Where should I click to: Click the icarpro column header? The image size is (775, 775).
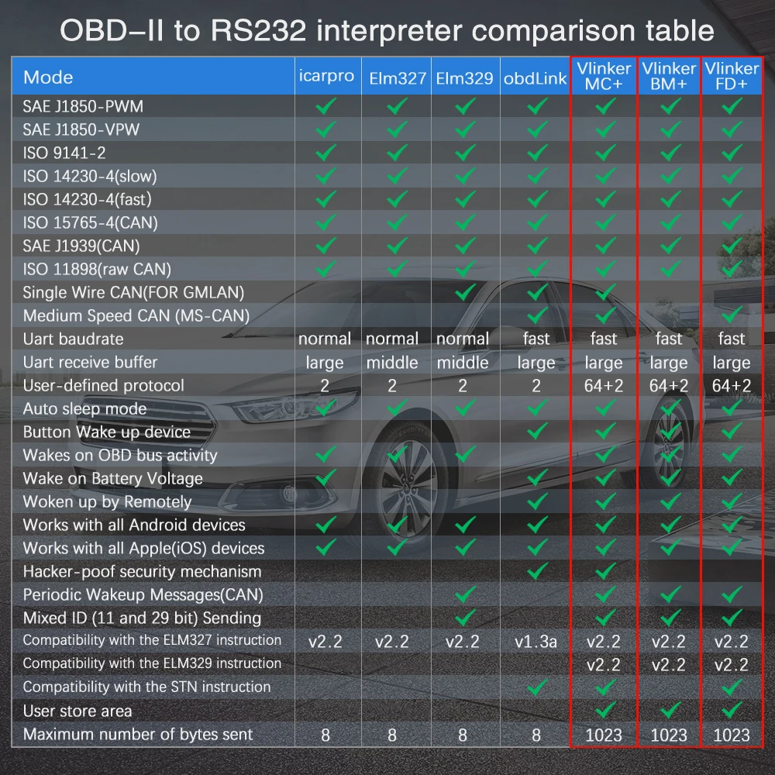pos(327,76)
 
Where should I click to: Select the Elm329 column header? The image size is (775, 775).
pos(465,77)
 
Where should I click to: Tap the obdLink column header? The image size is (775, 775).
pos(536,77)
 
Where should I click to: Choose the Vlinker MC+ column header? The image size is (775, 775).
pos(604,76)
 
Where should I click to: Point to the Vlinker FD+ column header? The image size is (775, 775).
pos(731,76)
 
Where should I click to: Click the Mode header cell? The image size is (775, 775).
pos(48,77)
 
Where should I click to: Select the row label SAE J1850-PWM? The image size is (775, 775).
pos(83,106)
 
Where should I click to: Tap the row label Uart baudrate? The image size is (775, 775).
pos(73,339)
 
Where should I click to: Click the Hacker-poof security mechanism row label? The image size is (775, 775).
pos(142,571)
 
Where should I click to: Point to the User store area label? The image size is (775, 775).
pos(77,711)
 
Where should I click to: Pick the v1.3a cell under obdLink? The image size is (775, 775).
pos(536,642)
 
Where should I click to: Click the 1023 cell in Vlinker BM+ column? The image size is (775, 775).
pos(668,735)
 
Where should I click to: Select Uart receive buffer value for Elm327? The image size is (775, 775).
pos(393,363)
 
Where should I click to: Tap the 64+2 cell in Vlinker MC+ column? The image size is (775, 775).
pos(603,386)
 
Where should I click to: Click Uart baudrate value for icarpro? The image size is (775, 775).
pos(325,339)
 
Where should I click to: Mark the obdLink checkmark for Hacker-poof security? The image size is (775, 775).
pos(536,571)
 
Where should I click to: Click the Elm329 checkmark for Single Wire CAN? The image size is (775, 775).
pos(465,292)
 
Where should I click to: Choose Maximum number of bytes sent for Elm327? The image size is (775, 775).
pos(393,735)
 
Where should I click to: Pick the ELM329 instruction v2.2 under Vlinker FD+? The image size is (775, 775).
pos(731,665)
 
